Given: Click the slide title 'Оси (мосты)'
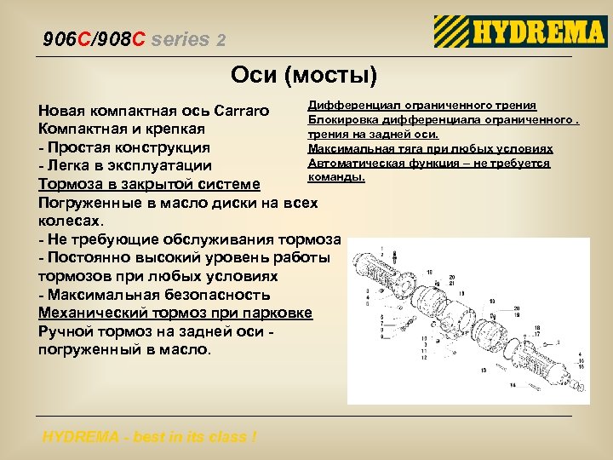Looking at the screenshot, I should [x=304, y=76].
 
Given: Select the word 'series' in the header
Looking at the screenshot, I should [x=182, y=40].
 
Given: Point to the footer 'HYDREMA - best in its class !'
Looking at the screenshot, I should [x=150, y=437].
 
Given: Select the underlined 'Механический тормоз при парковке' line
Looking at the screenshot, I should [x=175, y=313].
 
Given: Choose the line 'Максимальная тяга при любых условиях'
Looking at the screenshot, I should [x=430, y=148].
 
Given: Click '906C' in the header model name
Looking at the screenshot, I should [x=65, y=40].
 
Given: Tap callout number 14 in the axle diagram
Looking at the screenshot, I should [x=513, y=385].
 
